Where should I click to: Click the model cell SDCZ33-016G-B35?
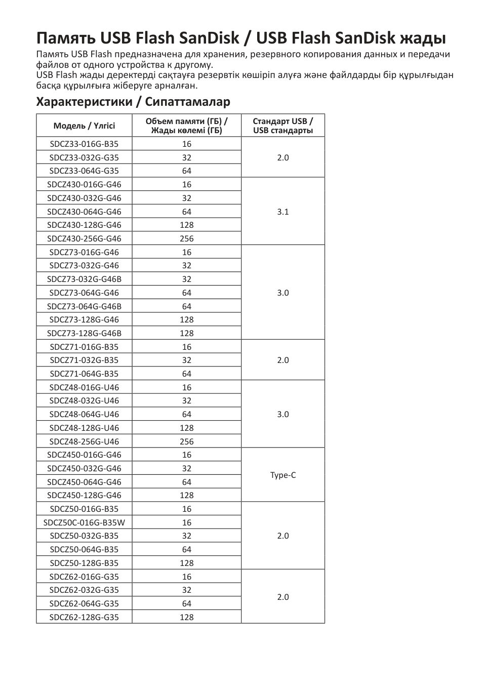point(84,144)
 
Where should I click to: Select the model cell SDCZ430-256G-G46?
point(84,238)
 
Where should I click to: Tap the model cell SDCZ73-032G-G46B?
point(84,279)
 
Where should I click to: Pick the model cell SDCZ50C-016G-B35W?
point(84,522)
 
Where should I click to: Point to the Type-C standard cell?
point(283,475)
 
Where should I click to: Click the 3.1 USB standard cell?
point(283,212)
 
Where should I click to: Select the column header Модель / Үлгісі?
point(84,126)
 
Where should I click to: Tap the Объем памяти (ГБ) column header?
point(186,126)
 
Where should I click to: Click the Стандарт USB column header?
point(283,126)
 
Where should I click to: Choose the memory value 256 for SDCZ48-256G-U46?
point(186,441)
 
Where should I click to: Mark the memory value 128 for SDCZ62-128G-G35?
point(186,617)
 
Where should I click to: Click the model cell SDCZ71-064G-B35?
point(84,374)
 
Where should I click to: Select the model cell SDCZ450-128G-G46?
point(84,495)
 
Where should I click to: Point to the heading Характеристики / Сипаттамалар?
point(133,102)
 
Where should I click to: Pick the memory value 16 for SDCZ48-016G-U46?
point(186,387)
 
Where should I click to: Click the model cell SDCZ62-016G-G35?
point(84,577)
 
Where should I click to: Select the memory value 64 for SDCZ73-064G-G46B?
point(186,306)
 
